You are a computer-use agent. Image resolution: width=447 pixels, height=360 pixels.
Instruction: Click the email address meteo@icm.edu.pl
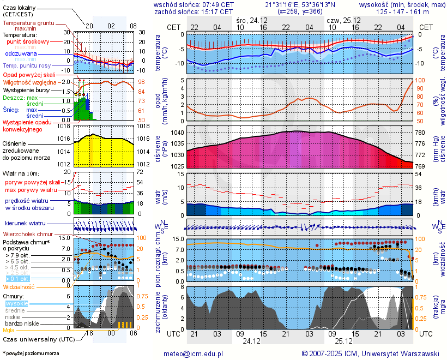(194, 353)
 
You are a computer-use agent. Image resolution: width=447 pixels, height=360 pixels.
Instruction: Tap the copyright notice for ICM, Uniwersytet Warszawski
(371, 353)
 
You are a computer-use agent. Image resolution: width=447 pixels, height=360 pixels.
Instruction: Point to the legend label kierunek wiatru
(25, 224)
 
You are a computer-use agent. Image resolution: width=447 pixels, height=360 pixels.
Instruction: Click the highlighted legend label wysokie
(16, 303)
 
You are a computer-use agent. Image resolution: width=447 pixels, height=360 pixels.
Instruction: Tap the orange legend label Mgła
(9, 330)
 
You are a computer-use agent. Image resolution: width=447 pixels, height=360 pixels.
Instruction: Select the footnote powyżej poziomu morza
(31, 353)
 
